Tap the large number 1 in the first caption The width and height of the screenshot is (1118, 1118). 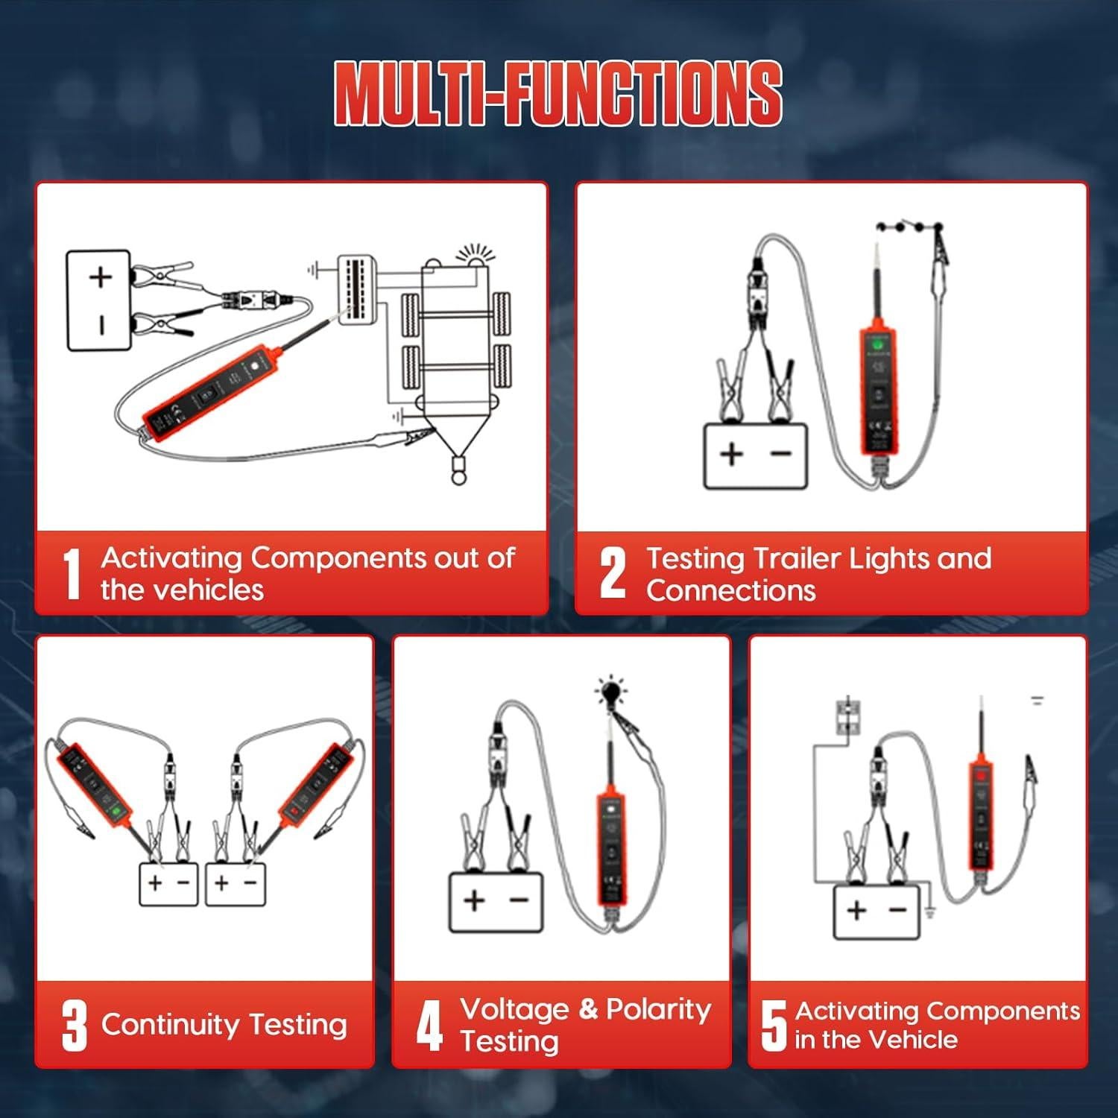click(72, 574)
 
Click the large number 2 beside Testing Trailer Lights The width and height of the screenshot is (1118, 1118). click(613, 573)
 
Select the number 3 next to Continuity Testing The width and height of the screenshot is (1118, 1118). click(74, 1026)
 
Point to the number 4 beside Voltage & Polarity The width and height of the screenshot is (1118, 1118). click(430, 1026)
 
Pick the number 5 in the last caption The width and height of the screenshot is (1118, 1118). click(774, 1026)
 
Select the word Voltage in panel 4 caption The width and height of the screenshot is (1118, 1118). click(514, 1009)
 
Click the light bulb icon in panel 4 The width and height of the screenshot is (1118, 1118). click(612, 691)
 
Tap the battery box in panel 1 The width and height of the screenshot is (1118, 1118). click(98, 300)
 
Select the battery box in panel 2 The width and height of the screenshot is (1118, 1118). click(756, 455)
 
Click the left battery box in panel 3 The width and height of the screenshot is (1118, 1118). click(168, 885)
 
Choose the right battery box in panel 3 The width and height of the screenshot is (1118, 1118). click(235, 885)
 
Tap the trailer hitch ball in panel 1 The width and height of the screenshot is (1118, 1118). click(458, 470)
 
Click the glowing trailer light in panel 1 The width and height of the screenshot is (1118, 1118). click(475, 256)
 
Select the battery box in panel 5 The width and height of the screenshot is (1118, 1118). click(877, 912)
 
